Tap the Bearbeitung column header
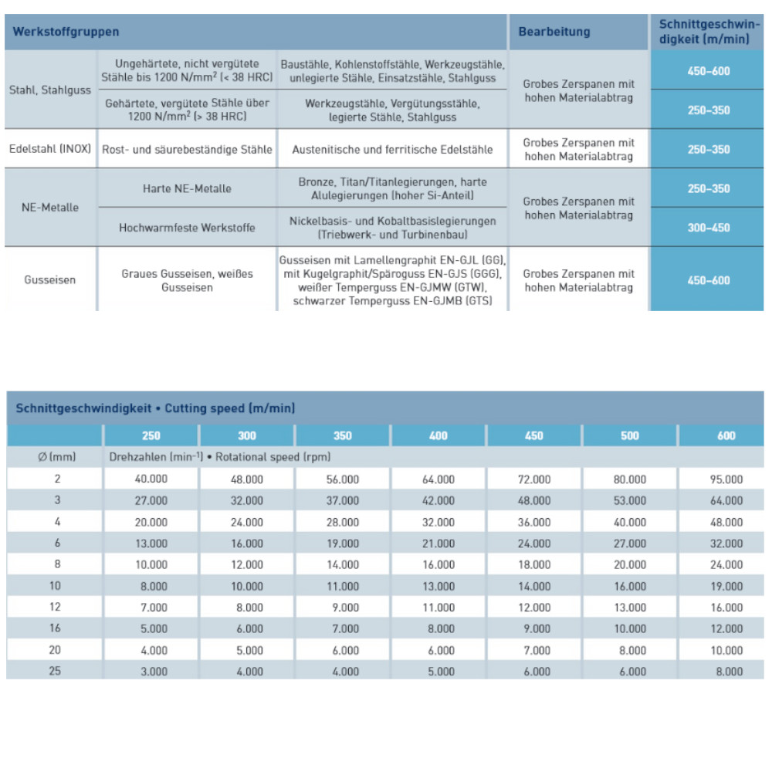click(554, 32)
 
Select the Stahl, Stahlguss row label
click(50, 90)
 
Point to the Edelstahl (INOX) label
click(50, 149)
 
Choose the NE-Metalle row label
click(50, 208)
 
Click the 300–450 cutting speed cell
click(708, 228)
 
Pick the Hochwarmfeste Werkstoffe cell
click(187, 228)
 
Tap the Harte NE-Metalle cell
click(187, 188)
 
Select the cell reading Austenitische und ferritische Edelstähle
click(392, 149)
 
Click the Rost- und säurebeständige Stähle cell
click(187, 149)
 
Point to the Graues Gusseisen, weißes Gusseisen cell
click(187, 280)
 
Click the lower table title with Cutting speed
click(155, 408)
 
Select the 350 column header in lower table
click(343, 435)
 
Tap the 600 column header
click(726, 435)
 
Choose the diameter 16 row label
click(55, 628)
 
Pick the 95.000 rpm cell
click(726, 479)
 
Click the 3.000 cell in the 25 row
click(151, 672)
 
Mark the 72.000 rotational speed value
click(534, 479)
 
